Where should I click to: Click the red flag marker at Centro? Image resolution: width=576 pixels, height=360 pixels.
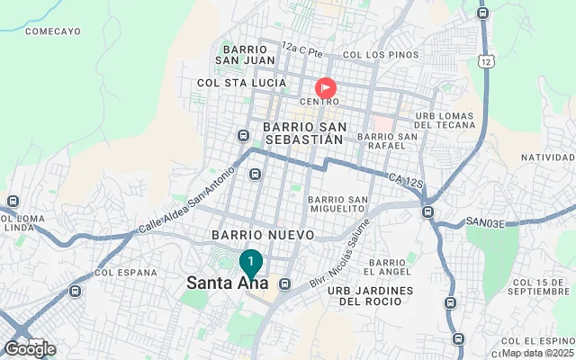coord(325,87)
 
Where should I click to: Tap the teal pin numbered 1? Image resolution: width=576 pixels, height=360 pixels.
coord(250,262)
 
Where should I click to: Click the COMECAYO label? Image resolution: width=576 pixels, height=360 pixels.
coord(53,31)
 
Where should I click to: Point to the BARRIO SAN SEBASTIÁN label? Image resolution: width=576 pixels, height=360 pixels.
coord(303,133)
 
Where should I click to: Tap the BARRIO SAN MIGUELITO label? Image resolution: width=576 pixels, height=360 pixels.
coord(337,203)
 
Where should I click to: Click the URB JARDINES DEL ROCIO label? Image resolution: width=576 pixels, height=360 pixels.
coord(370,296)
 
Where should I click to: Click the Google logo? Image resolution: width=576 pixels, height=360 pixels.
coord(30,349)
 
